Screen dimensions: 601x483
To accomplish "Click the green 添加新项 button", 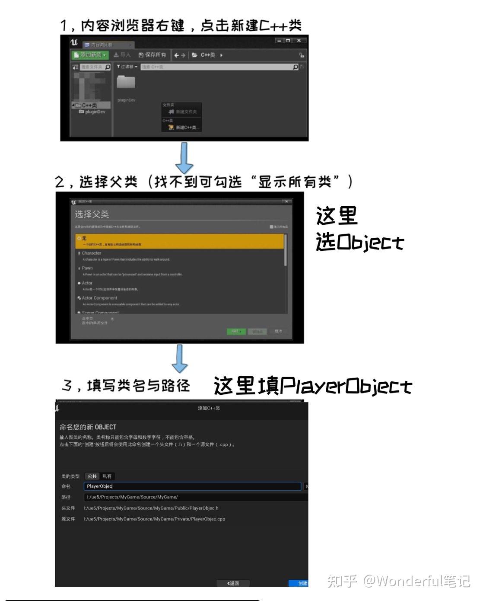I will [90, 55].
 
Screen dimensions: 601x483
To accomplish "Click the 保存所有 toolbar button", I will [152, 55].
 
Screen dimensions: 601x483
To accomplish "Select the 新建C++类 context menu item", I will [183, 127].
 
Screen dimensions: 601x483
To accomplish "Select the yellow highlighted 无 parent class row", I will [179, 241].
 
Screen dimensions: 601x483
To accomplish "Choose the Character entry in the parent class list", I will [92, 253].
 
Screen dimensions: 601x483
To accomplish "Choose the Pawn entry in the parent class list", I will [87, 268].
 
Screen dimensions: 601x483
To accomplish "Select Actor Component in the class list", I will [99, 298].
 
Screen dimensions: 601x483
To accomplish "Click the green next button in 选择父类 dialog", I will [236, 332].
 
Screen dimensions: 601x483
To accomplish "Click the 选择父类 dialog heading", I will [92, 214].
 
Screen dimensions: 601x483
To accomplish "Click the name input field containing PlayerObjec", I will [192, 486].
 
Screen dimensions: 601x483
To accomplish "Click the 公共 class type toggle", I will [92, 476].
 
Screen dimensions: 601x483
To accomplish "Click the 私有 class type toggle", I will [107, 476].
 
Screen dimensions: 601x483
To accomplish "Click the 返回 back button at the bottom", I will [233, 583].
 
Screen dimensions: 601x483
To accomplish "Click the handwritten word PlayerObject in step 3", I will [346, 386].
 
